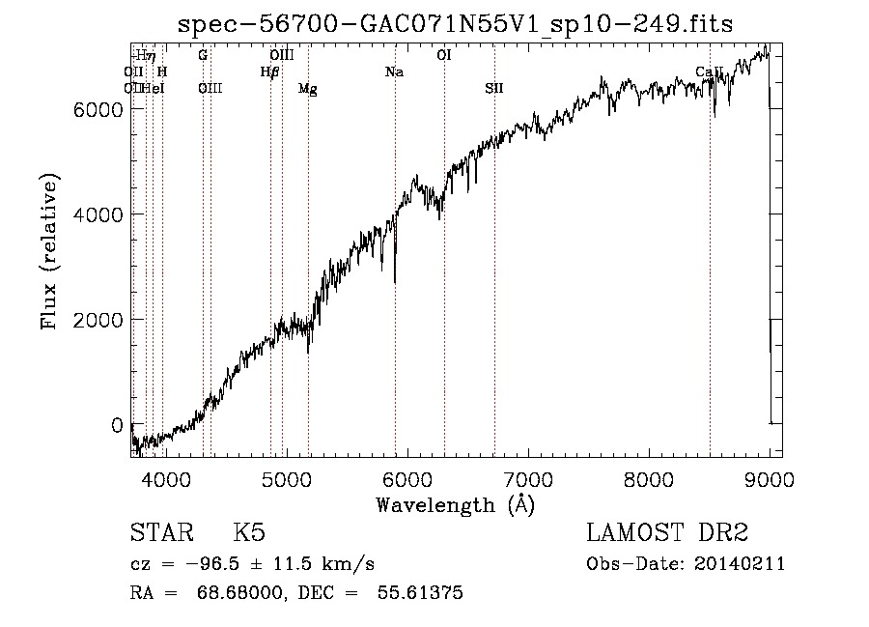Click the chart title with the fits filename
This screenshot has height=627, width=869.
pyautogui.click(x=455, y=24)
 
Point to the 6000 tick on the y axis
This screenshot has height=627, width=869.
pyautogui.click(x=100, y=109)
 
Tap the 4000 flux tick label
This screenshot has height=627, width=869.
pyautogui.click(x=100, y=214)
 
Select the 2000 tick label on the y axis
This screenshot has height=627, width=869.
pyautogui.click(x=100, y=320)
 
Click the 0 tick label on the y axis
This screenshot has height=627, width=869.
pyautogui.click(x=117, y=425)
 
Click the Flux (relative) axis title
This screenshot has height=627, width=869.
pyautogui.click(x=49, y=251)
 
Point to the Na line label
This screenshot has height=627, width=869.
pyautogui.click(x=394, y=72)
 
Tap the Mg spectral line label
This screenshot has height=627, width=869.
pyautogui.click(x=307, y=89)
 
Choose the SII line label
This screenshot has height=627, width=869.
pyautogui.click(x=493, y=89)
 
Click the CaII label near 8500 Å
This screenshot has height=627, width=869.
pyautogui.click(x=710, y=72)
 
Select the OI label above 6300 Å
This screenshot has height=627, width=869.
pyautogui.click(x=444, y=56)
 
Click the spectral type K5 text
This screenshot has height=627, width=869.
pyautogui.click(x=249, y=533)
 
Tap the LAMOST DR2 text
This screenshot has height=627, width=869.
pyautogui.click(x=667, y=533)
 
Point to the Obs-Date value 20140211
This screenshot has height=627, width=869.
pyautogui.click(x=740, y=564)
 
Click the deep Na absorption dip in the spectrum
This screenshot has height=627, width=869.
pyautogui.click(x=395, y=280)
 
